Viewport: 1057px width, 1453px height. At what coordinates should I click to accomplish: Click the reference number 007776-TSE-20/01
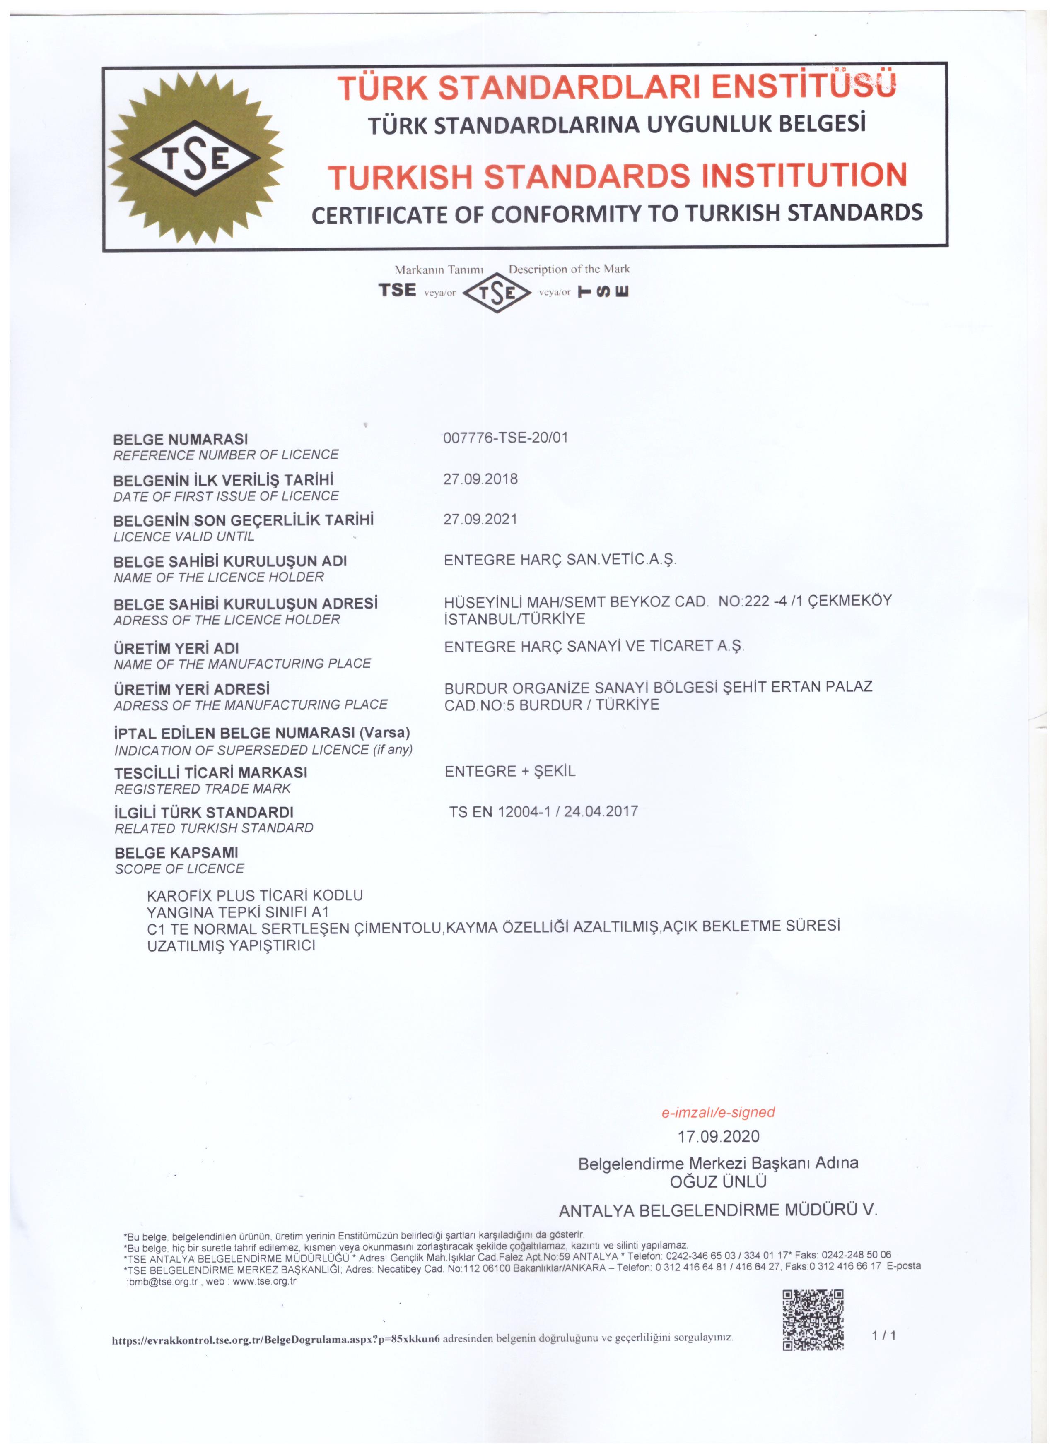[505, 438]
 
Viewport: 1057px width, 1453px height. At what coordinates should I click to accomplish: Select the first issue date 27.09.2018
[480, 479]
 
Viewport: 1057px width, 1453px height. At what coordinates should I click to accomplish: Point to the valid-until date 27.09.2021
[480, 519]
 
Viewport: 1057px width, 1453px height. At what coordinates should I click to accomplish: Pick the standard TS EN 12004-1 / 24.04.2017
[543, 812]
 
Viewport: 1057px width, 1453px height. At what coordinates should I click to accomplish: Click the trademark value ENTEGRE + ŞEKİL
[510, 771]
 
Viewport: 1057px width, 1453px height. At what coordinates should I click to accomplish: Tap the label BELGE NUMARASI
[180, 440]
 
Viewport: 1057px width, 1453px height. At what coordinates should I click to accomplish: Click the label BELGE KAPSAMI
[176, 853]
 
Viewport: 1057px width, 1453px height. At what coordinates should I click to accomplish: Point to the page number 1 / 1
[883, 1336]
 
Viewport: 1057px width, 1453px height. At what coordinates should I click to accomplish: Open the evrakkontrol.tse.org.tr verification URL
[275, 1340]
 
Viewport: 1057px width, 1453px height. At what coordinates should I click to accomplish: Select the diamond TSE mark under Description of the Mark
[497, 293]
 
